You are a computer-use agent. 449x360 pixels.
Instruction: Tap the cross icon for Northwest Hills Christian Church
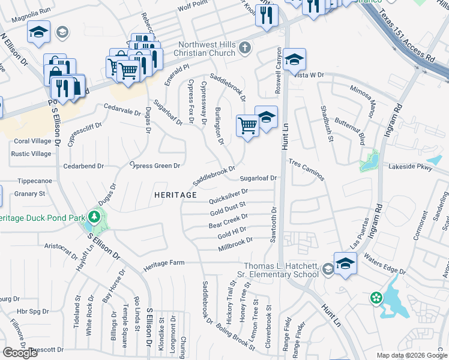point(244,47)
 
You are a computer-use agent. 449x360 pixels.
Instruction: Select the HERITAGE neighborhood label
point(175,195)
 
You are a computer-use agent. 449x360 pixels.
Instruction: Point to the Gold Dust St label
point(228,209)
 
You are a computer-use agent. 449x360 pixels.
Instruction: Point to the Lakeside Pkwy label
point(411,168)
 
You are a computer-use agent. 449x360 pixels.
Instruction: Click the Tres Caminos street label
point(306,170)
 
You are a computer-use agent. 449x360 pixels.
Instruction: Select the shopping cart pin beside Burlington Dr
point(247,126)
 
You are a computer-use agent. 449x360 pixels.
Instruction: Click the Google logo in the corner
point(20,353)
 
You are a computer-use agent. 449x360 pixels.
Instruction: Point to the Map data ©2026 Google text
point(412,355)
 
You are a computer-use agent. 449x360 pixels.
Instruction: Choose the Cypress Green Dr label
point(155,166)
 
